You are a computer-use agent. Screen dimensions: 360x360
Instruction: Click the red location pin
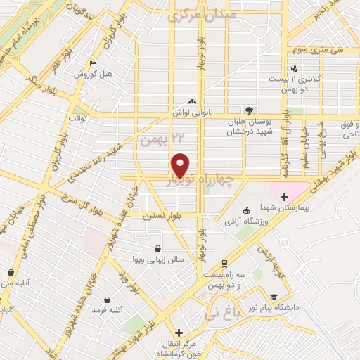(x=181, y=164)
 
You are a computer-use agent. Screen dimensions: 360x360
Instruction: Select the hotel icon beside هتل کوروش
(x=94, y=65)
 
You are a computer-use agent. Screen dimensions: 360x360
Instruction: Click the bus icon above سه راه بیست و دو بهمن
(x=224, y=263)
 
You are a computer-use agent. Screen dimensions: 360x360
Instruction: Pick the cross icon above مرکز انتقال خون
(x=179, y=333)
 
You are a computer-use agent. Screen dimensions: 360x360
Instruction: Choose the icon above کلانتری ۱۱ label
(x=294, y=68)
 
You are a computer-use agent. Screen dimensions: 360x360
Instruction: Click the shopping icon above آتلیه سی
(x=11, y=272)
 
